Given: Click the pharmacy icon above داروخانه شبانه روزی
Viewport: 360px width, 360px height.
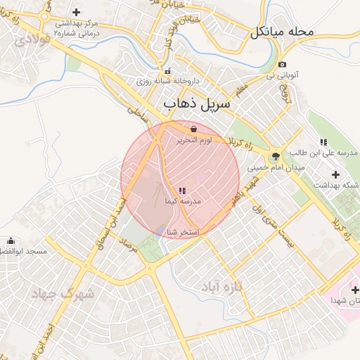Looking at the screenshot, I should [167, 72].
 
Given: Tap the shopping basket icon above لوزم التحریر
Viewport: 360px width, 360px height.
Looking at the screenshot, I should [193, 129].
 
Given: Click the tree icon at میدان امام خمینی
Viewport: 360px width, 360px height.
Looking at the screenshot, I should [275, 156].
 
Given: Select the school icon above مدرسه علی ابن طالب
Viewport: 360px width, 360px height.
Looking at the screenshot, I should [323, 142].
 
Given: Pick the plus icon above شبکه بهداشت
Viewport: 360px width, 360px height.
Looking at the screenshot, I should [335, 174].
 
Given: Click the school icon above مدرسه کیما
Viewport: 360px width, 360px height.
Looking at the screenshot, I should [182, 191].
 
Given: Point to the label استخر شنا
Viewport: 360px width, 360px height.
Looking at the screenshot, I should [183, 232].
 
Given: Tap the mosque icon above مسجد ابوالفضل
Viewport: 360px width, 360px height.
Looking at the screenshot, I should [9, 241].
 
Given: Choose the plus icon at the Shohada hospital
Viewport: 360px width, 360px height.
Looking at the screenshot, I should [354, 290].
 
